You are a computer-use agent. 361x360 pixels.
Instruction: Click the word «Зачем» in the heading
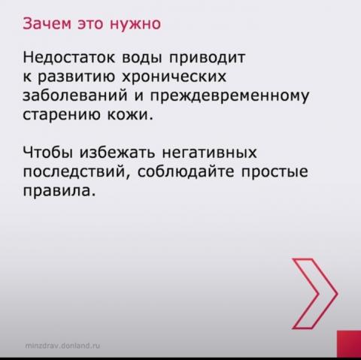[x=47, y=24]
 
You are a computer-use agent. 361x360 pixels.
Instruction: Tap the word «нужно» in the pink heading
[x=135, y=24]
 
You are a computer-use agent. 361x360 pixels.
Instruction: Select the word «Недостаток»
[x=69, y=57]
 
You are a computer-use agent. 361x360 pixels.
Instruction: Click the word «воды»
[x=142, y=59]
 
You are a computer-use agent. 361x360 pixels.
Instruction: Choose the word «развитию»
[x=77, y=77]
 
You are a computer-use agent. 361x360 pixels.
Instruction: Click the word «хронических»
[x=174, y=77]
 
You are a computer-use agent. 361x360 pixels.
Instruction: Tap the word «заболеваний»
[x=75, y=95]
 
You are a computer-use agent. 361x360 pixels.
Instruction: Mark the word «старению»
[x=62, y=116]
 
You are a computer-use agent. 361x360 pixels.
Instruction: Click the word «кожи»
[x=130, y=115]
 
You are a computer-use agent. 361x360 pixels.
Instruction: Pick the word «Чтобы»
[x=48, y=152]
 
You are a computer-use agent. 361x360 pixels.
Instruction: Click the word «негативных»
[x=210, y=153]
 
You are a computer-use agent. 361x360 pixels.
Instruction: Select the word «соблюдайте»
[x=186, y=172]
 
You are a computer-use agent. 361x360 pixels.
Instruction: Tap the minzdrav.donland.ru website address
[x=62, y=346]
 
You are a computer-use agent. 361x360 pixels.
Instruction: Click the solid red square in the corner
[x=349, y=344]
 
